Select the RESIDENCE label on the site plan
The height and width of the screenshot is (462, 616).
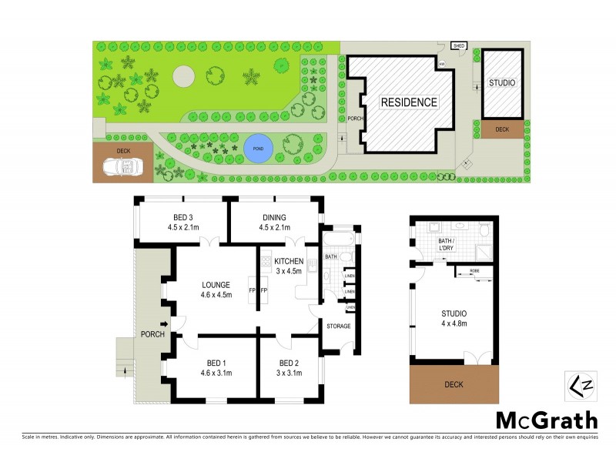coord(407,102)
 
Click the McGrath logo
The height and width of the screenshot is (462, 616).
coord(545,420)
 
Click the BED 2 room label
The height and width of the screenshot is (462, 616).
coord(289,367)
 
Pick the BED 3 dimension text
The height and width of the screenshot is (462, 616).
coord(182,227)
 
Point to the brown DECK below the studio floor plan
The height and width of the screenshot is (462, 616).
coord(450,383)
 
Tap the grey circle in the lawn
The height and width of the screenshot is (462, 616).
coord(184,76)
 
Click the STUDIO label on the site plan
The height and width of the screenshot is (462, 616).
coord(501,82)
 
